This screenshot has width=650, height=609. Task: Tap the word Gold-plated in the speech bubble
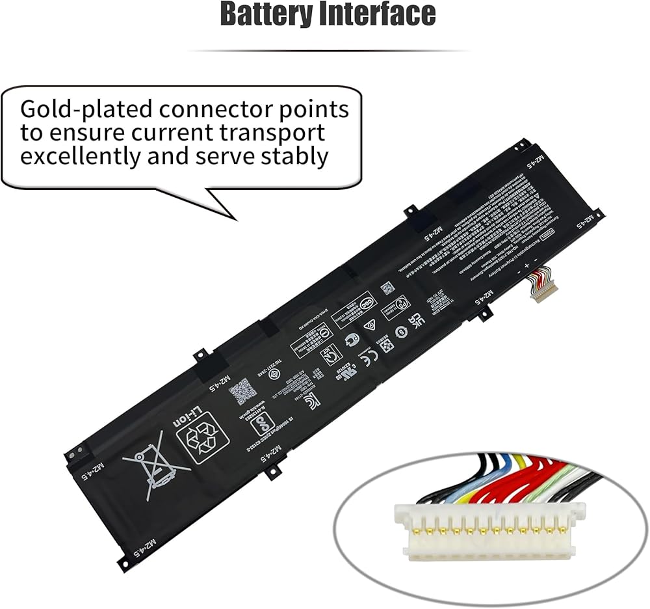pyautogui.click(x=92, y=108)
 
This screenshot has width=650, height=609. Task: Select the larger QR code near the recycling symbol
pyautogui.click(x=239, y=390)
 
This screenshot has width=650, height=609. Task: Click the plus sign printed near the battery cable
pyautogui.click(x=525, y=267)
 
